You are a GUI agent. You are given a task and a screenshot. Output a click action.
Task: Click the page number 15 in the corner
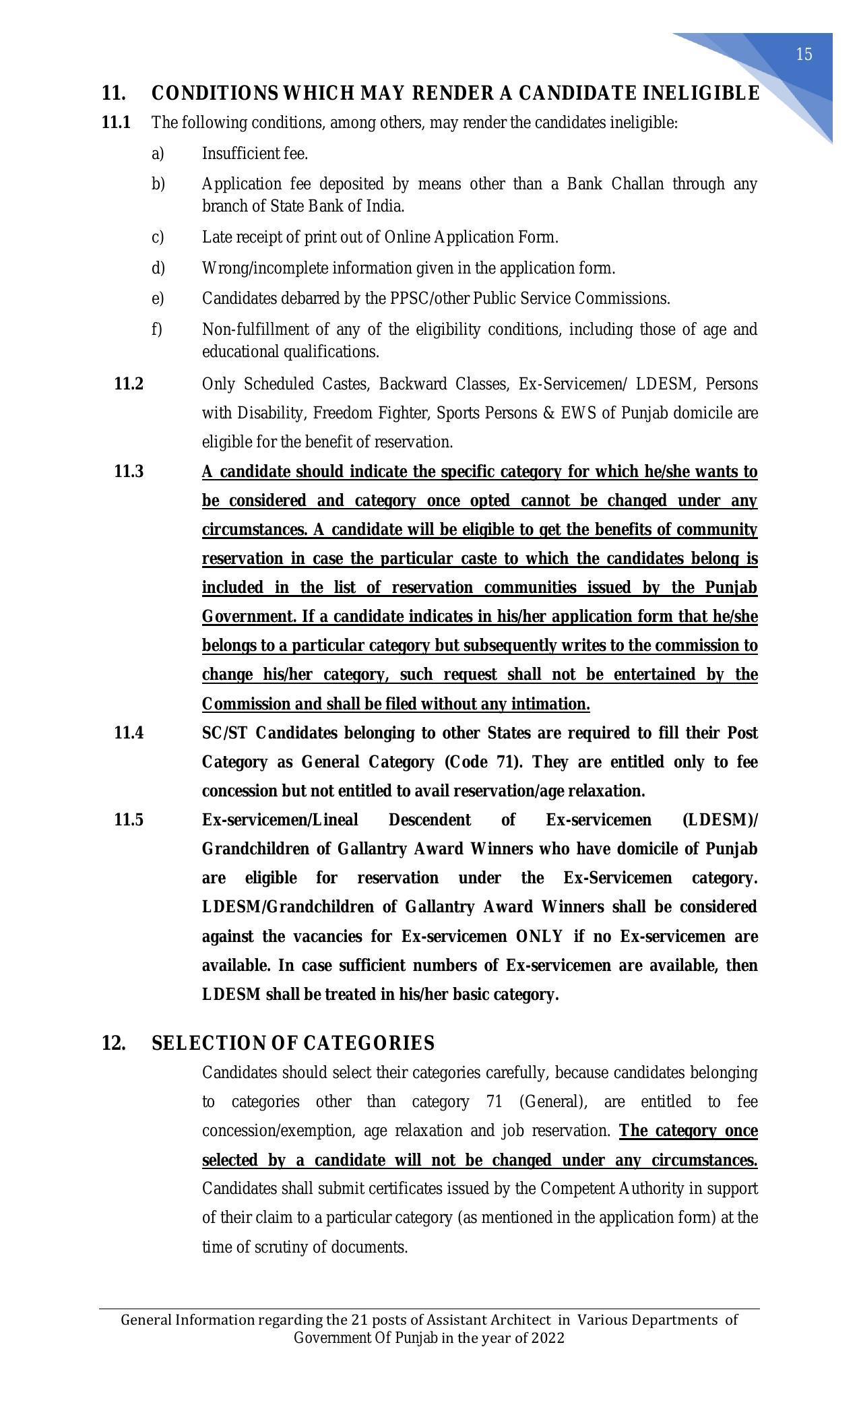[x=804, y=55]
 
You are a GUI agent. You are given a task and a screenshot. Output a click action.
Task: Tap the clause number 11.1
[x=116, y=123]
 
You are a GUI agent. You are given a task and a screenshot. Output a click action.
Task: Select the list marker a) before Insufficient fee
[x=158, y=154]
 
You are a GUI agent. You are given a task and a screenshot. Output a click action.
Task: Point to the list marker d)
[x=158, y=268]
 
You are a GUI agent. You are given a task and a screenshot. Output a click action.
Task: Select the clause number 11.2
[x=129, y=384]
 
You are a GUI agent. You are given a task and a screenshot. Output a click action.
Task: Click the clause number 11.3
[x=129, y=472]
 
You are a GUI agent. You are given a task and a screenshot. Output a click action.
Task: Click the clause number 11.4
[x=129, y=733]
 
